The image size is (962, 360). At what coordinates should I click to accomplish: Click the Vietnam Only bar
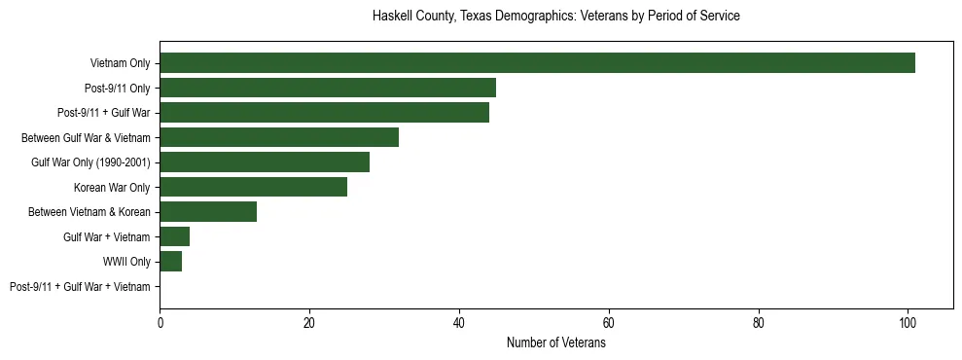pos(537,63)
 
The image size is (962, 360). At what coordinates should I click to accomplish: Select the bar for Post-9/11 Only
pos(328,88)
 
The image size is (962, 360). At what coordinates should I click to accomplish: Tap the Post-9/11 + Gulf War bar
pos(324,113)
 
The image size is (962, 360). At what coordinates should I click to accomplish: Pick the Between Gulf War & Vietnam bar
pos(279,137)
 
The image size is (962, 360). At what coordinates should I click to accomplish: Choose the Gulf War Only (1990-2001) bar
pos(265,162)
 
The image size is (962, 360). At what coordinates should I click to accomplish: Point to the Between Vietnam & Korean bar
pos(208,212)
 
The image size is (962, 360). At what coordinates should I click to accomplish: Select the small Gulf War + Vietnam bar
pos(175,236)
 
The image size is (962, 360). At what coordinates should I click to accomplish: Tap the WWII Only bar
pos(171,262)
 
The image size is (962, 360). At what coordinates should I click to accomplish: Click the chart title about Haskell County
pos(556,17)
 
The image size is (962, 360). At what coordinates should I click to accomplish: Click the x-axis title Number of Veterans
pos(556,343)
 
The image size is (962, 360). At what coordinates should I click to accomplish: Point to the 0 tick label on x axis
pos(160,323)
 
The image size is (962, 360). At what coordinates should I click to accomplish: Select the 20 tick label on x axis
pos(309,323)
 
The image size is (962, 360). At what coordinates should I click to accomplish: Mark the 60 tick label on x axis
pos(609,323)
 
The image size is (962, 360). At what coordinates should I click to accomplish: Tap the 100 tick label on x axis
pos(908,323)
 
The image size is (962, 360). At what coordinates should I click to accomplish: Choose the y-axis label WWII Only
pos(126,262)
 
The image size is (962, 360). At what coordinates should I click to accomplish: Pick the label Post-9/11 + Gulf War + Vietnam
pos(80,287)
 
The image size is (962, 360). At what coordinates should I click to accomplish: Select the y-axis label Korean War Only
pos(112,187)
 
